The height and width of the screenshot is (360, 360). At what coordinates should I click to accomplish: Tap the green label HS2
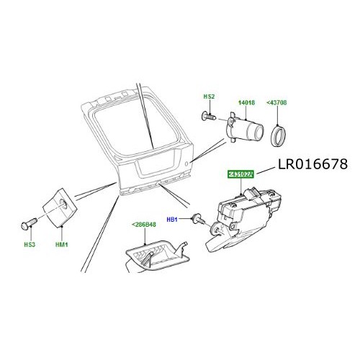tap(209, 96)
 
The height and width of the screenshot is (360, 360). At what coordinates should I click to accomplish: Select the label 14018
tap(248, 103)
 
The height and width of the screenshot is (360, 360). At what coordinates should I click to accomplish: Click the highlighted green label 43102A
tap(243, 175)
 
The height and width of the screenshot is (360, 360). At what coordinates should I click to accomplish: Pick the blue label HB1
tap(172, 219)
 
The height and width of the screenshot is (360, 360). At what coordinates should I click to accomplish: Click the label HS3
tap(28, 245)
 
